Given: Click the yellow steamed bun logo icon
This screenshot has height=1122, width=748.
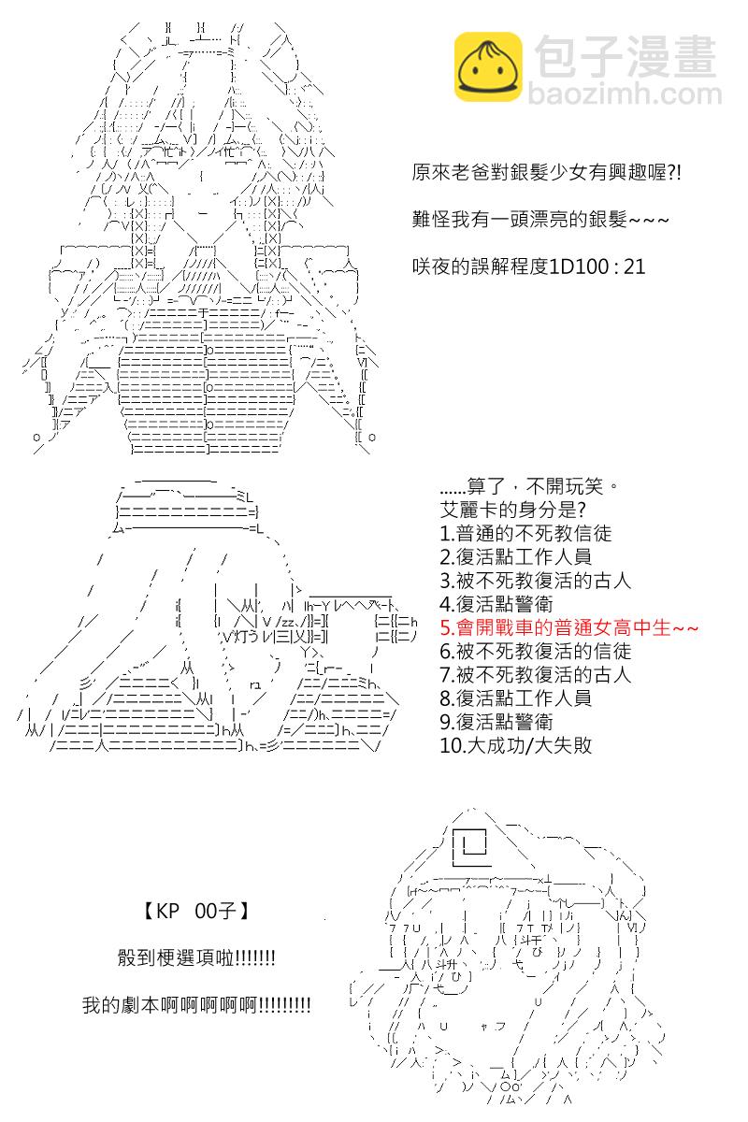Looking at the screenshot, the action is (488, 66).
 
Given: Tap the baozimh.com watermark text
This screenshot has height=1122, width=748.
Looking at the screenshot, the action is (625, 94).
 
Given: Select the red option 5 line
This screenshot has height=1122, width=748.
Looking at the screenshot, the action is (568, 627).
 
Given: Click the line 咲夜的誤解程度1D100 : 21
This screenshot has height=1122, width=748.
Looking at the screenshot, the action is (528, 266).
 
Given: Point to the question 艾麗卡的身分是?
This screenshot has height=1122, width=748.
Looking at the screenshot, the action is (512, 510).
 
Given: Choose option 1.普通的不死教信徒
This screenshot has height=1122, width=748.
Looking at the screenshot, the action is (525, 534).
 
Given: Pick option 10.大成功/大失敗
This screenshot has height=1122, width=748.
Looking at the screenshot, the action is (515, 745).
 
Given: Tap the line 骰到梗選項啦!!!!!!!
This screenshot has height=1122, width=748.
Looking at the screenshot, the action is (196, 957).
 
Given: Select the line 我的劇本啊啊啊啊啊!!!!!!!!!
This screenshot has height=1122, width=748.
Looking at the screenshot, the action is (196, 1005).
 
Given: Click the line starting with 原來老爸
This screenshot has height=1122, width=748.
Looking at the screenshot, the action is (547, 173).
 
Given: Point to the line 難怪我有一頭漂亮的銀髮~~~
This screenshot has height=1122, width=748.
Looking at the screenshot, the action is (540, 220).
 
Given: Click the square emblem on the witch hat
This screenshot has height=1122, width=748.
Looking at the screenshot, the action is (469, 846).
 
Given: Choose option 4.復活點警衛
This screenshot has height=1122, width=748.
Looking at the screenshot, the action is (496, 604).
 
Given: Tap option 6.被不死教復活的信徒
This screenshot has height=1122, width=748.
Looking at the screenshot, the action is (535, 651).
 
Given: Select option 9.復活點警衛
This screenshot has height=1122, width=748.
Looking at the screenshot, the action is (496, 722).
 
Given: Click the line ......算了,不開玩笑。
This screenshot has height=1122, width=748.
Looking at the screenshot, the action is (529, 486).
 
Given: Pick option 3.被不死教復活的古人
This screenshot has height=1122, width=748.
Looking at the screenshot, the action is (535, 581).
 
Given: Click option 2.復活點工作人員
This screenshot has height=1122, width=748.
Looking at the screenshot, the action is (515, 557).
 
